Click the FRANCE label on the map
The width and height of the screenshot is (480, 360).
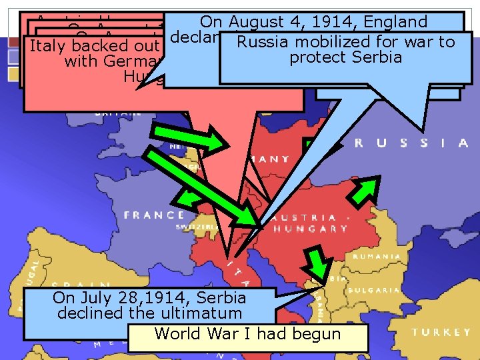(154, 215)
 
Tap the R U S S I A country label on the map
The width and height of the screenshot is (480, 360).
(411, 143)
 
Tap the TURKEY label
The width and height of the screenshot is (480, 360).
(441, 332)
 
